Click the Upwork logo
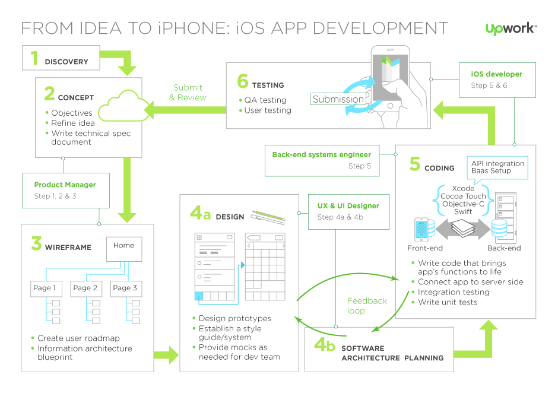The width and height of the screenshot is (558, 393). [x=511, y=28]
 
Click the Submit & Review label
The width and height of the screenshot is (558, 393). [x=188, y=93]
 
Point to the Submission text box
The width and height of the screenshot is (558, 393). [x=338, y=99]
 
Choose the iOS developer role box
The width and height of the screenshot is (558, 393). [x=498, y=80]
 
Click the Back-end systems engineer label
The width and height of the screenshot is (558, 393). [x=321, y=155]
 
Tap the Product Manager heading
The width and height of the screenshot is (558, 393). [x=65, y=185]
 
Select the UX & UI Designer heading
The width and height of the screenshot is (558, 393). [x=348, y=206]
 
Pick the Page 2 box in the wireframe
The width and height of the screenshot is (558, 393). [x=85, y=289]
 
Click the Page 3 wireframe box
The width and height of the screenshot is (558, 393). [x=125, y=289]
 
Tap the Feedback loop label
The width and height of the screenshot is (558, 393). [x=367, y=306]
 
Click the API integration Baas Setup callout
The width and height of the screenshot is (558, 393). [x=497, y=167]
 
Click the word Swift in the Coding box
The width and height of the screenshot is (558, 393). [x=463, y=211]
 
